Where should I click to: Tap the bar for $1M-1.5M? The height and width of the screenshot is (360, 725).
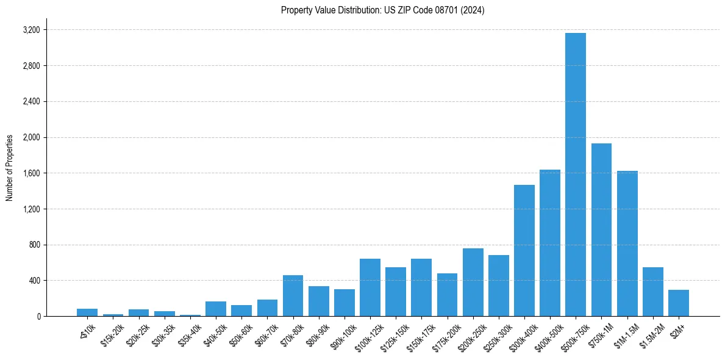click(627, 243)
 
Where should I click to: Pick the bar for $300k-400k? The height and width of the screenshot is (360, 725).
click(524, 251)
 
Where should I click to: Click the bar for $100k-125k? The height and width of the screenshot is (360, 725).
click(370, 287)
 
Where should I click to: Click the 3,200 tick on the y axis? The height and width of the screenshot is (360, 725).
click(31, 30)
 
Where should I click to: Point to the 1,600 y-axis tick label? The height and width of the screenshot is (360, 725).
click(31, 173)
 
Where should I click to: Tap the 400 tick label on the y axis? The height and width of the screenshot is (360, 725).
click(34, 281)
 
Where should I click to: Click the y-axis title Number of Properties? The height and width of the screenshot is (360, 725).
click(10, 168)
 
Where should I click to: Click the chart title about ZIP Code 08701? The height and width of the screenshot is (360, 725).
click(382, 10)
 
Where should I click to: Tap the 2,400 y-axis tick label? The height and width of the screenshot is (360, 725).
click(31, 102)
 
